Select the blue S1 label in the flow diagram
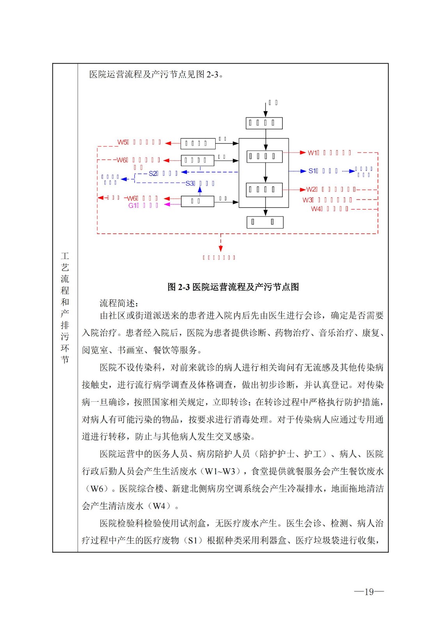point(313,171)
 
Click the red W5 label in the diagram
point(123,142)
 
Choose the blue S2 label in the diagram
point(153,173)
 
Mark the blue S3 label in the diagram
point(190,183)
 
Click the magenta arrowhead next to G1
point(167,204)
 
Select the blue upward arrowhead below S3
point(200,189)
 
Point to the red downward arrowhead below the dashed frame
point(221,248)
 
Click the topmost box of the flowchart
point(264,123)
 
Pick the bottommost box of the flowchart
point(265,222)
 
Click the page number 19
point(369,592)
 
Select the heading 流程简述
point(119,303)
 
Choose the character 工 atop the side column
point(65,256)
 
